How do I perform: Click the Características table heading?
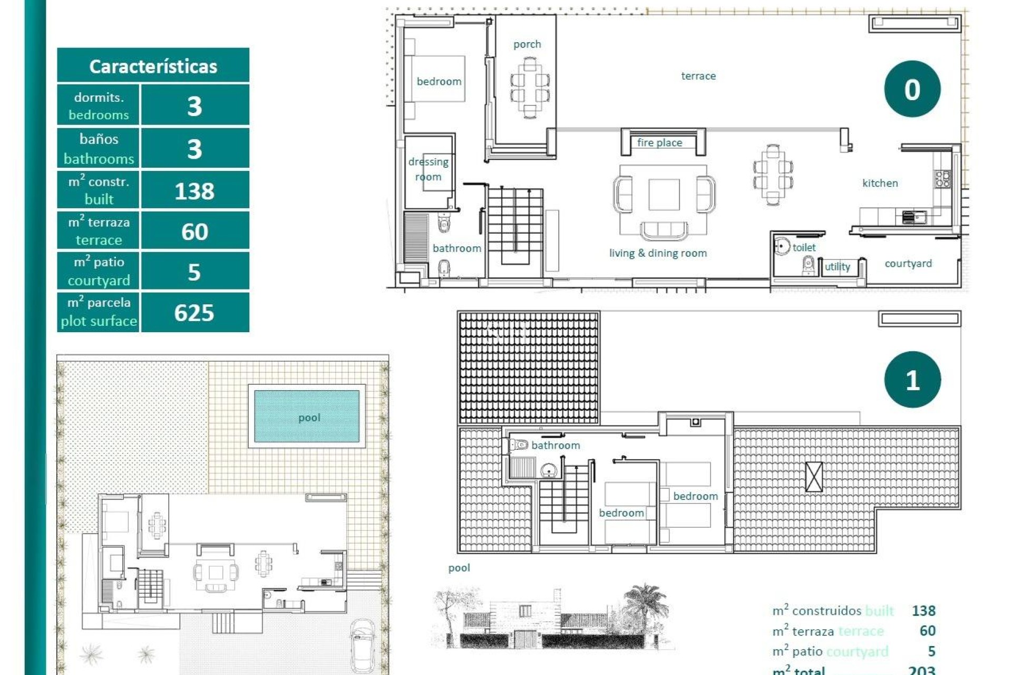click(x=153, y=66)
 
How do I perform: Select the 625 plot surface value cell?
click(x=194, y=313)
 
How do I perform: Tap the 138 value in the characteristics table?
click(x=194, y=191)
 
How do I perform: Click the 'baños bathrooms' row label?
click(x=99, y=149)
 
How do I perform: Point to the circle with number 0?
click(x=912, y=89)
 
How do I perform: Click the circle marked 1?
click(x=912, y=380)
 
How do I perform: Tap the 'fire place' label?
click(x=659, y=142)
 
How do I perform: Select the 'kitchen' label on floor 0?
click(x=880, y=183)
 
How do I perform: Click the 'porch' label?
click(x=527, y=44)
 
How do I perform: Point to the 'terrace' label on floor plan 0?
click(x=698, y=76)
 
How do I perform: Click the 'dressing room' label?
click(x=428, y=169)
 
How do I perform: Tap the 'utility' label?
click(x=837, y=267)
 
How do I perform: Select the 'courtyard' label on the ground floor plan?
click(x=908, y=263)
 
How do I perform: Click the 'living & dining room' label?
click(x=658, y=253)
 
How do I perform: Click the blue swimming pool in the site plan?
click(x=307, y=417)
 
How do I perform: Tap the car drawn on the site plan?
click(x=363, y=645)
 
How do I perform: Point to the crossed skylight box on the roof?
click(x=814, y=477)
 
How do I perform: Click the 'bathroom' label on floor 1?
click(x=555, y=445)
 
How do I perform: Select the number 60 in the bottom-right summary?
click(x=927, y=631)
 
